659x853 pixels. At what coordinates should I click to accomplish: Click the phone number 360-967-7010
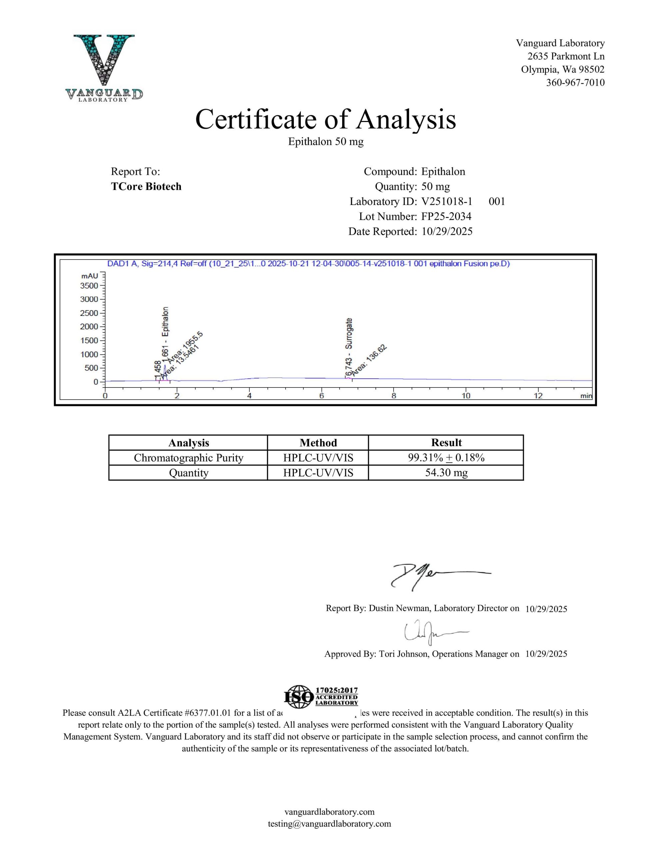(575, 82)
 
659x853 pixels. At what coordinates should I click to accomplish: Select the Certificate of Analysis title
(326, 119)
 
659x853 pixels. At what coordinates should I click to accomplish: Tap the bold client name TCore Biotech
(146, 186)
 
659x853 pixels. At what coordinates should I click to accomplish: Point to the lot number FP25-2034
(446, 216)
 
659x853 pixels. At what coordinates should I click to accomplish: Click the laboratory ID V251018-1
(447, 202)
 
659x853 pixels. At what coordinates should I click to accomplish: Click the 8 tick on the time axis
(394, 396)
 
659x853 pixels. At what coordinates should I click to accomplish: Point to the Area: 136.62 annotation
(369, 360)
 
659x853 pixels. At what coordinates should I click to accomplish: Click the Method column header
(318, 442)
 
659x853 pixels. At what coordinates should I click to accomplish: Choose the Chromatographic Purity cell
(188, 458)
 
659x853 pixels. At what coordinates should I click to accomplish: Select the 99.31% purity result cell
(446, 458)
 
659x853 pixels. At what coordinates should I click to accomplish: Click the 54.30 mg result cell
(446, 473)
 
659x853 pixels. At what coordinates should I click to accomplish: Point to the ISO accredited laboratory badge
(321, 697)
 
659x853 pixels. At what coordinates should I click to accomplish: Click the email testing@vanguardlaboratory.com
(329, 824)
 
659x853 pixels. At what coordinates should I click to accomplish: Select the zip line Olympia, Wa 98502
(562, 70)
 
